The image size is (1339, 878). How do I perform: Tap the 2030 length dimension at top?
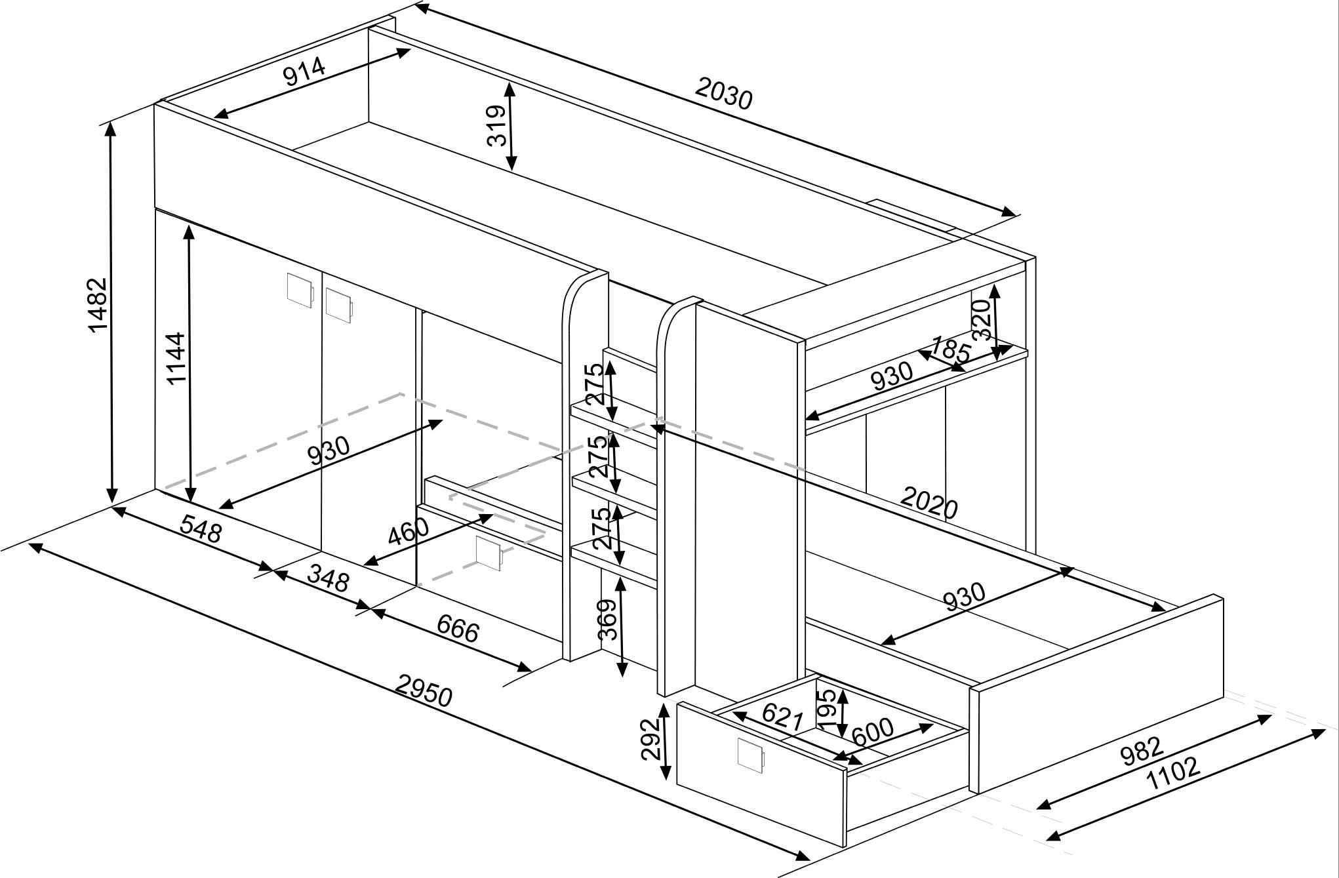click(x=724, y=93)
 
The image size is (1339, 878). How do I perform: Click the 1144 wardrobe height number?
click(x=176, y=358)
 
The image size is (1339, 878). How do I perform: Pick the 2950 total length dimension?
click(x=424, y=690)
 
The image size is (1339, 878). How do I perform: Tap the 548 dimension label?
click(x=201, y=529)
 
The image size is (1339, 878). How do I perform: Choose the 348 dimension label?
click(x=328, y=578)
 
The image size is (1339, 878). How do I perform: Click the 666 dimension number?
click(x=458, y=629)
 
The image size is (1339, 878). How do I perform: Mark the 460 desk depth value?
click(x=408, y=531)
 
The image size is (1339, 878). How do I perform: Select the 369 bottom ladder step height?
click(x=609, y=619)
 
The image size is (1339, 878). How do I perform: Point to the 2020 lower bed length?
click(x=929, y=502)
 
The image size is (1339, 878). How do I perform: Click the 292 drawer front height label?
click(x=650, y=738)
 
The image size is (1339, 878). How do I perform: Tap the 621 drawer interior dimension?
click(x=783, y=716)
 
